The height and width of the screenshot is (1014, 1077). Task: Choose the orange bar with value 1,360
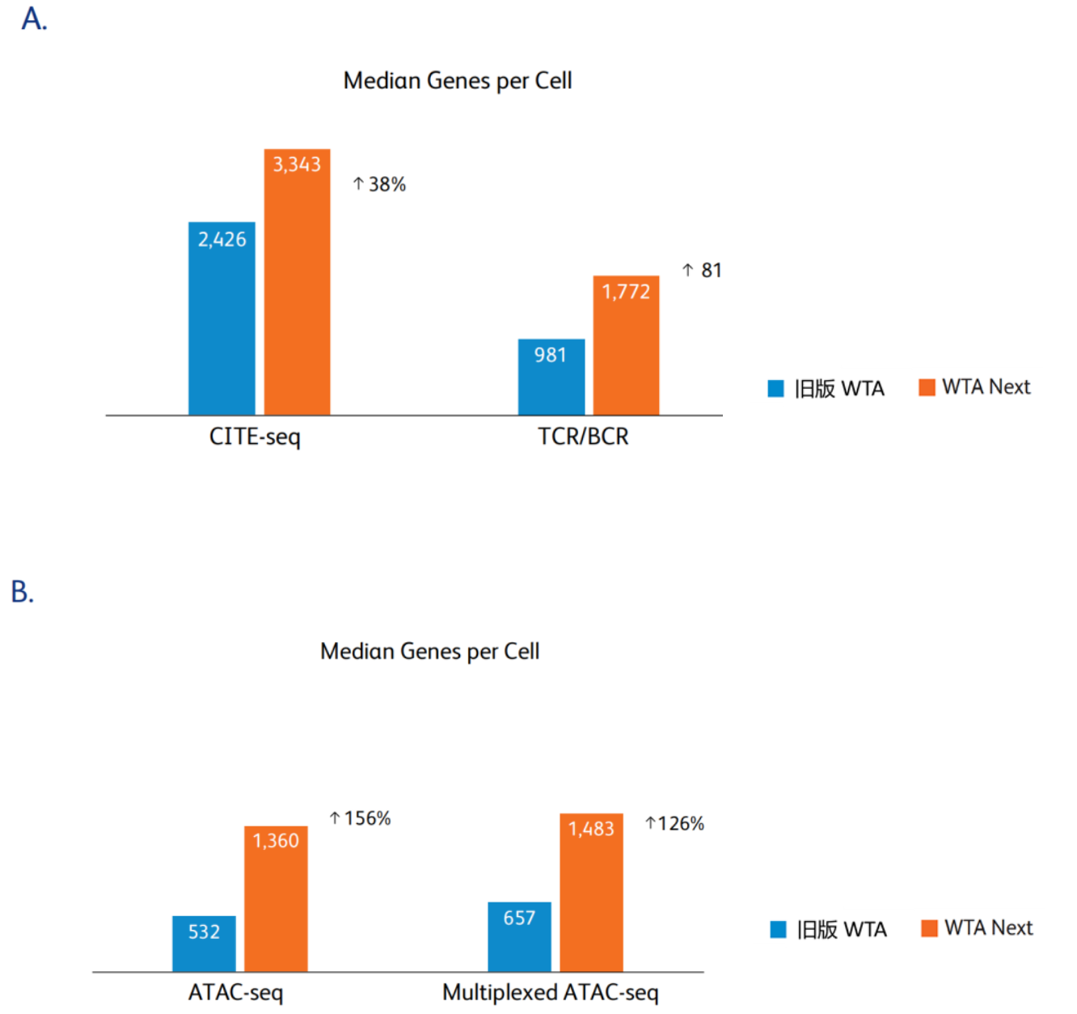[276, 898]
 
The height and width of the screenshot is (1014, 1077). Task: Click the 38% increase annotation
[379, 184]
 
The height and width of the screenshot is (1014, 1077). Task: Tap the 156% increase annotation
[360, 818]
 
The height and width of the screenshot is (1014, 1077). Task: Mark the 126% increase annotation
[674, 823]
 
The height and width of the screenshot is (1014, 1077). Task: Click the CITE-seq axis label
[255, 437]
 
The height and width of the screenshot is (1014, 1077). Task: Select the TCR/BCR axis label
[583, 437]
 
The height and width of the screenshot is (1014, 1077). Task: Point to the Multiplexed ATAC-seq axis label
[551, 992]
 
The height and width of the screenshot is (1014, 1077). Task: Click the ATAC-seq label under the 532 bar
[235, 992]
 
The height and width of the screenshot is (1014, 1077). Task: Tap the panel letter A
[34, 19]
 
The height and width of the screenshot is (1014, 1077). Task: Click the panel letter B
[23, 592]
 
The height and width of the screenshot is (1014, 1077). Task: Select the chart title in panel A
[458, 81]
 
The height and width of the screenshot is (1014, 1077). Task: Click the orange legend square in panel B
[929, 928]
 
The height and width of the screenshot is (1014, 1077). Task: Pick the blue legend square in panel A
[775, 389]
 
